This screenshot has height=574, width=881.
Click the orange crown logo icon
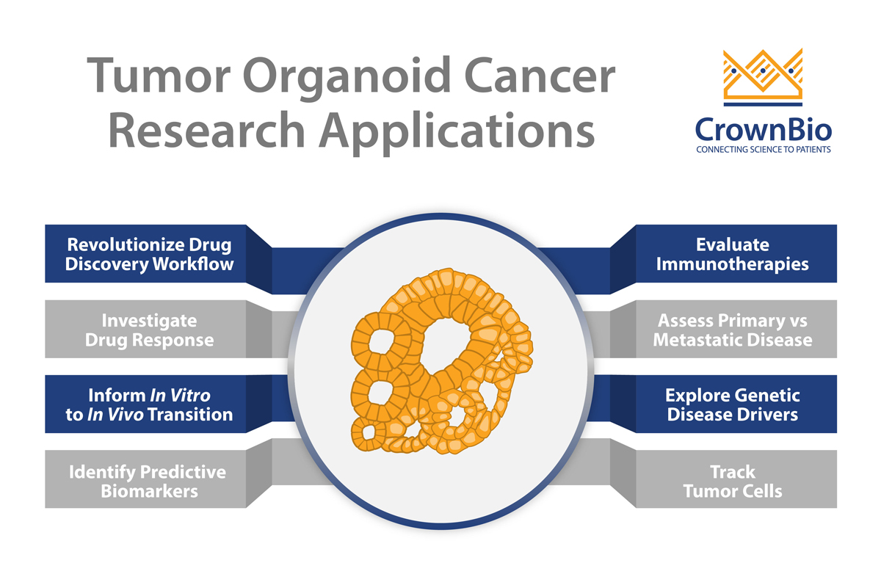[x=763, y=74]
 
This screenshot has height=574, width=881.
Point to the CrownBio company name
[x=763, y=130]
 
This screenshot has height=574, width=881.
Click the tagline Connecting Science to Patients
[x=763, y=150]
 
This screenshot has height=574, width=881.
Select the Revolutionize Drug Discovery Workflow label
[x=149, y=254]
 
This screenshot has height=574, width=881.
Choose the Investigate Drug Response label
[x=149, y=330]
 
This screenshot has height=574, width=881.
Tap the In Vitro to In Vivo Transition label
[x=149, y=404]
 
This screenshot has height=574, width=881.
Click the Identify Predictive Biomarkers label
[x=149, y=480]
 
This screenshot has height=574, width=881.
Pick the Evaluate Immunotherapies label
[x=732, y=254]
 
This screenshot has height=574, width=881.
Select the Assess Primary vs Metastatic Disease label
[x=732, y=330]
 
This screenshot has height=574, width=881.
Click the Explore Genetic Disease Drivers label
[x=732, y=404]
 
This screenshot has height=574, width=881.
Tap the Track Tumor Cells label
[x=732, y=480]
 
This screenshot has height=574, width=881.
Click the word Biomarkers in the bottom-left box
[x=149, y=490]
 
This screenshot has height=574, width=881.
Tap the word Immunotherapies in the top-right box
[x=732, y=264]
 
